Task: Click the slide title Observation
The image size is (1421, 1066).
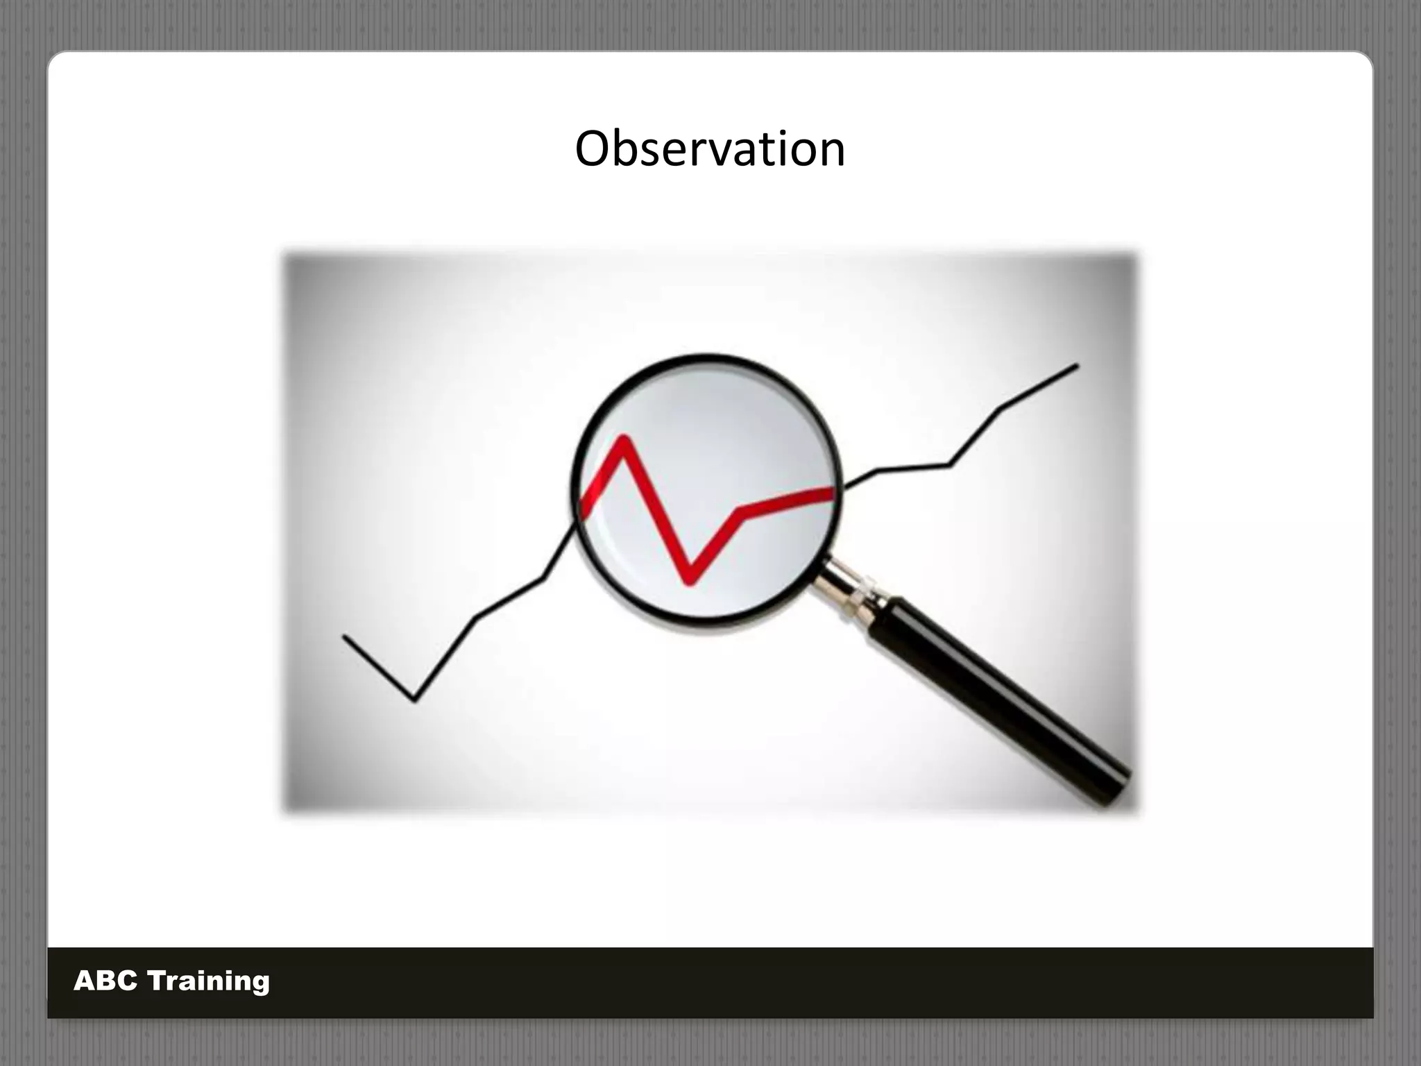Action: tap(710, 149)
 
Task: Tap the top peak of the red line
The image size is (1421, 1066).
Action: tap(623, 439)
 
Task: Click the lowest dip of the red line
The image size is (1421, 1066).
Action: tap(689, 581)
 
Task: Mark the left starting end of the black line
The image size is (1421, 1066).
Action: tap(345, 636)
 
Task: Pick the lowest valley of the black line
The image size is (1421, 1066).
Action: tap(415, 700)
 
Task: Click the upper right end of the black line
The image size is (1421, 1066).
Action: tap(1077, 365)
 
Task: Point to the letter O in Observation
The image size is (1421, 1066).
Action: tap(596, 149)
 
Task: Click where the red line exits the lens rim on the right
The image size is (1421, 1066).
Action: tap(835, 491)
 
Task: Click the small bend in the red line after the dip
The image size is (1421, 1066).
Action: tap(741, 514)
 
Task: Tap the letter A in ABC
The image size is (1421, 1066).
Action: tap(85, 981)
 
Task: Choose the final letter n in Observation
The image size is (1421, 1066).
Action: tap(830, 154)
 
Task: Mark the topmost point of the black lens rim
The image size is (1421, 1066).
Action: tap(708, 357)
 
